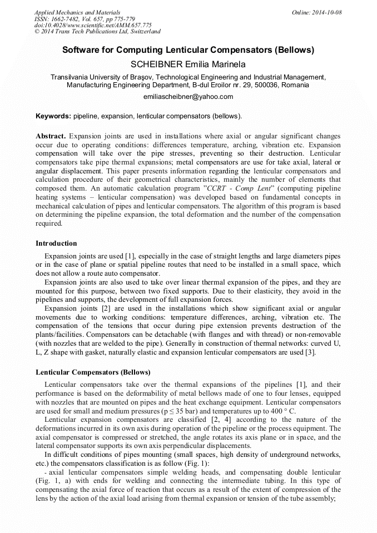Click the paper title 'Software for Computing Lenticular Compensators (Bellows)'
coord(188,50)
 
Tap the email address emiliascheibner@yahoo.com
coord(188,97)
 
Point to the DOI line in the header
coord(93,26)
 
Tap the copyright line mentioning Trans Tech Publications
coord(97,32)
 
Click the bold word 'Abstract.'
coord(51,136)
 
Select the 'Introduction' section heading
coord(56,243)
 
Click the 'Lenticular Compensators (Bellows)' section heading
coord(93,372)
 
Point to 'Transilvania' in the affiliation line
coord(70,77)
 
